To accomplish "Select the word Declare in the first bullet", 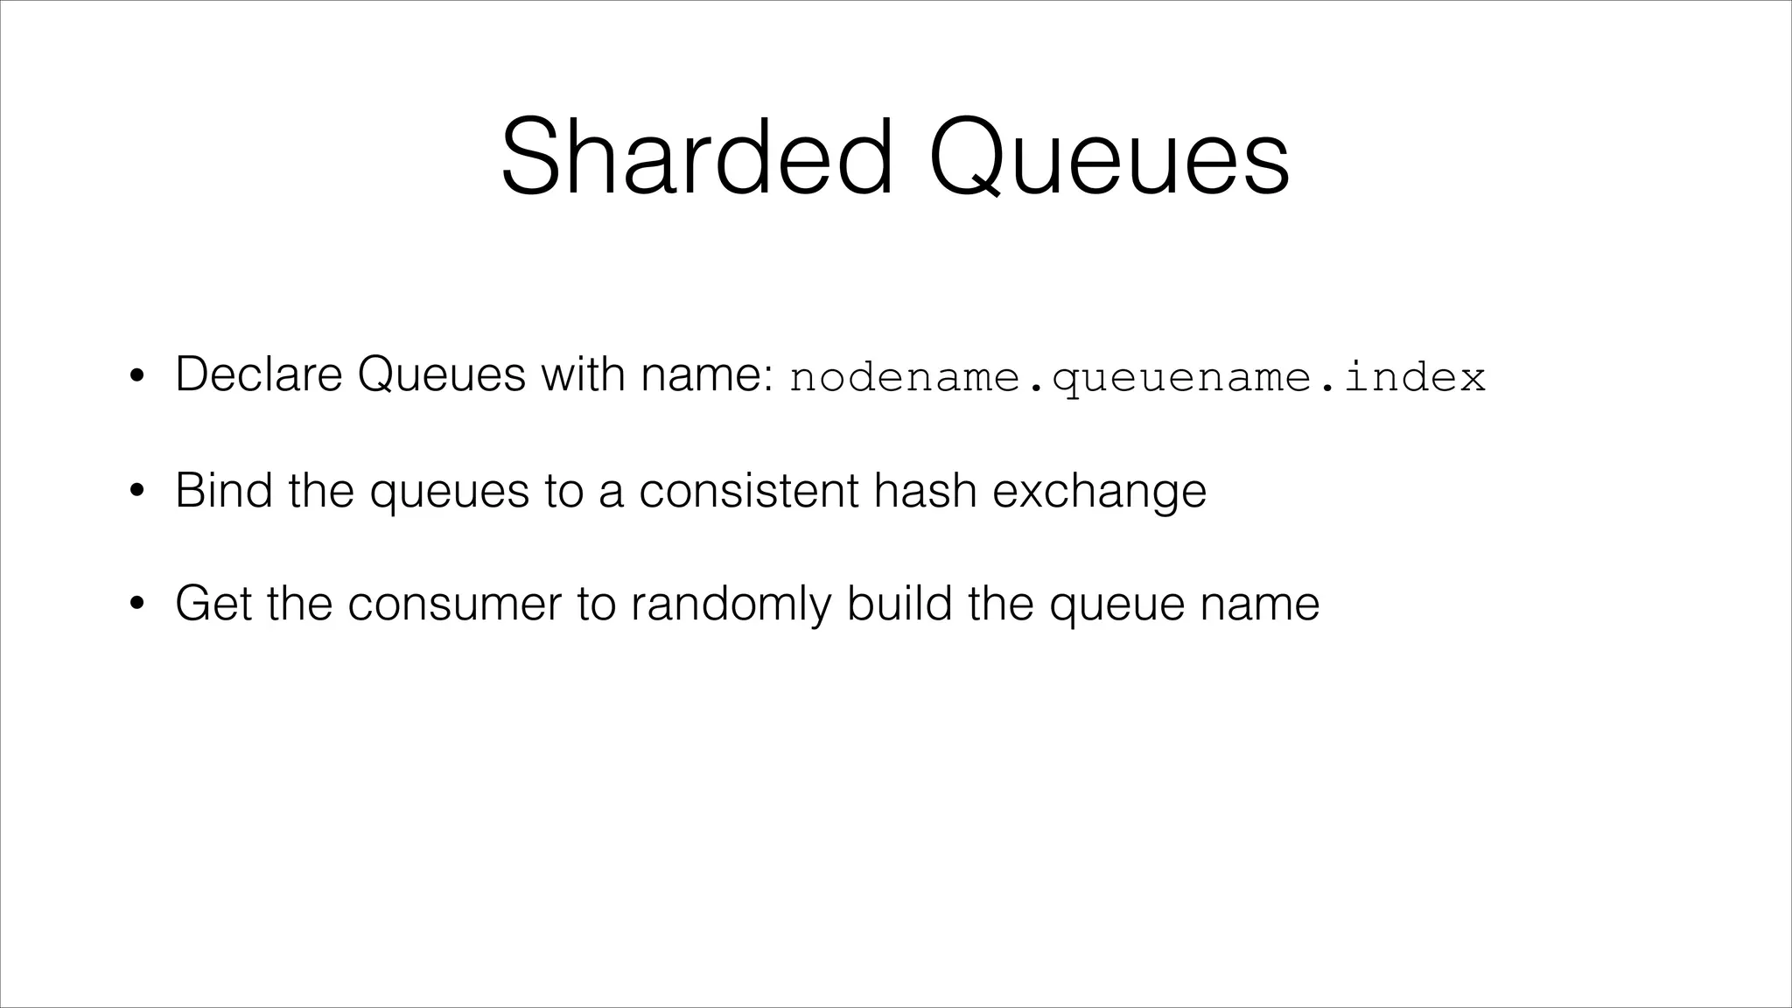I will pos(258,374).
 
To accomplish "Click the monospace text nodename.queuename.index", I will pos(1137,378).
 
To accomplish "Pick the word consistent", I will pos(748,489).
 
